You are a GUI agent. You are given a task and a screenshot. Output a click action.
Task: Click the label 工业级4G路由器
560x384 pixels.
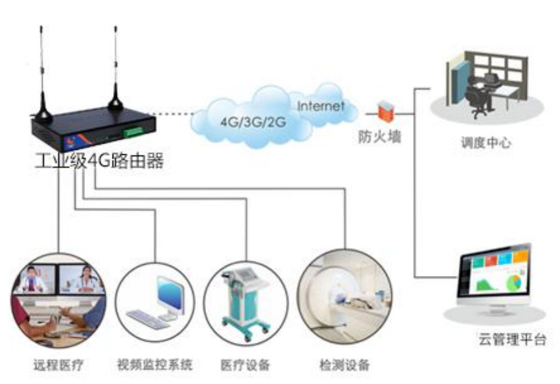tap(98, 162)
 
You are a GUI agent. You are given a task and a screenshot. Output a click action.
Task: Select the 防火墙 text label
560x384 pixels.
tap(380, 137)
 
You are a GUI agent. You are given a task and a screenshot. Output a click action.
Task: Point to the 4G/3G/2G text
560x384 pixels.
tap(245, 122)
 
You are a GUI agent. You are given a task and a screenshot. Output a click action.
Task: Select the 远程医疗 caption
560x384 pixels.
tap(58, 365)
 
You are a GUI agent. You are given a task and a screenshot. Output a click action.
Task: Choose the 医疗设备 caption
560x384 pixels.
tap(245, 365)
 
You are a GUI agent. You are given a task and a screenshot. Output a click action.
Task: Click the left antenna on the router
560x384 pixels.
tap(42, 73)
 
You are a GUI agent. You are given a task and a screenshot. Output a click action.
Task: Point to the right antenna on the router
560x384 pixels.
tap(115, 68)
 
